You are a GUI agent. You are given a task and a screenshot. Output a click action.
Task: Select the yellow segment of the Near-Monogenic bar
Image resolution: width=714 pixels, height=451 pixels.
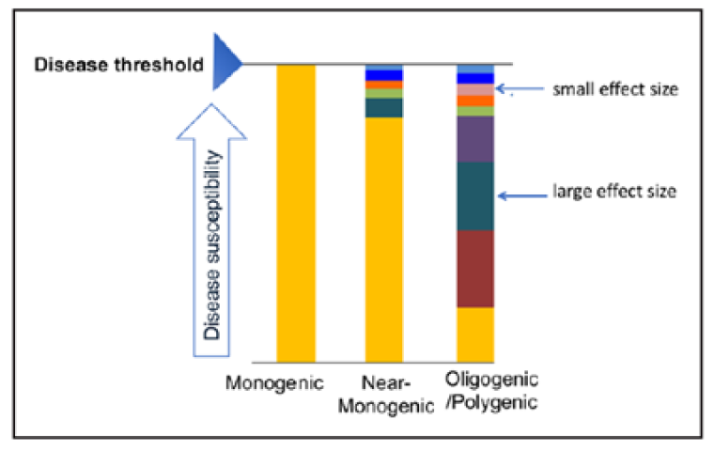tap(383, 240)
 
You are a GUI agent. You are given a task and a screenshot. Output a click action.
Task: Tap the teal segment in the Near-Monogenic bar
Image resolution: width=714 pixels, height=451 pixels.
tap(383, 108)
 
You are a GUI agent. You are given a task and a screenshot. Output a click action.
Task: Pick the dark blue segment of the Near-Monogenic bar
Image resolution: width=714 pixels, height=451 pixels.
tap(383, 75)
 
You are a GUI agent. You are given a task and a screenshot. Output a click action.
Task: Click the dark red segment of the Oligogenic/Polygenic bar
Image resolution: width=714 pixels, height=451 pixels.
tap(475, 269)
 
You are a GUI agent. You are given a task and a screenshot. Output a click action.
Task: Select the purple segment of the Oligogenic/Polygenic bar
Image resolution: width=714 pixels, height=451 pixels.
tap(475, 139)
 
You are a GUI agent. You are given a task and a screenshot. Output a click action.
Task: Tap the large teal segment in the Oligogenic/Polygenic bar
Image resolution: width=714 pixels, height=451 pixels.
tap(475, 196)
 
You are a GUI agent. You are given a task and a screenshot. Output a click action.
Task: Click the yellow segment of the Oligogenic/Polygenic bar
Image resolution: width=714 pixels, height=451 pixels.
tap(475, 334)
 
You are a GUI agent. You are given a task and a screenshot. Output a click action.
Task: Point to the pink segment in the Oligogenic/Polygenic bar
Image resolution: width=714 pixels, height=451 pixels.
tap(475, 90)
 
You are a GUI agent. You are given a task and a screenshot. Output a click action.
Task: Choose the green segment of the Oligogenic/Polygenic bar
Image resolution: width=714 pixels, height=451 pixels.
tap(475, 111)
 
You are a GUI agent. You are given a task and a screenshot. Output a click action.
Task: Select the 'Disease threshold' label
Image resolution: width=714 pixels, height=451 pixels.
tap(117, 65)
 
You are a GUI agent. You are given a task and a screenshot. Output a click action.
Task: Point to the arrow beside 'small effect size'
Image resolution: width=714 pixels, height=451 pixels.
tap(526, 91)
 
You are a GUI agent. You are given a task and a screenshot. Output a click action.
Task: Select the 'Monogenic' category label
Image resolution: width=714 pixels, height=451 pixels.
tap(273, 382)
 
